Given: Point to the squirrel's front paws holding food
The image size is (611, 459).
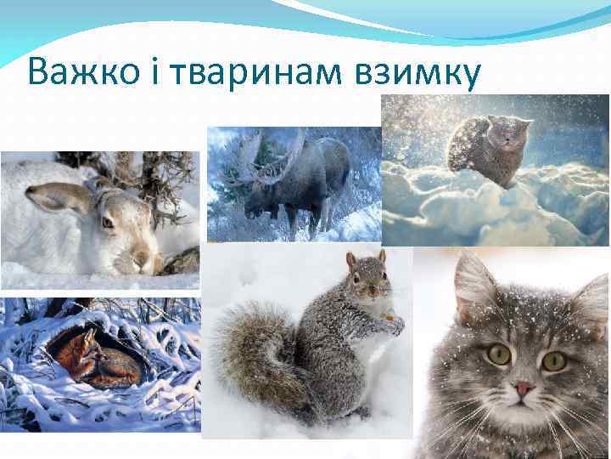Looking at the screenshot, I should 390,323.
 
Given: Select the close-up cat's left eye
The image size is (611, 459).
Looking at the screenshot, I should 499,354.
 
